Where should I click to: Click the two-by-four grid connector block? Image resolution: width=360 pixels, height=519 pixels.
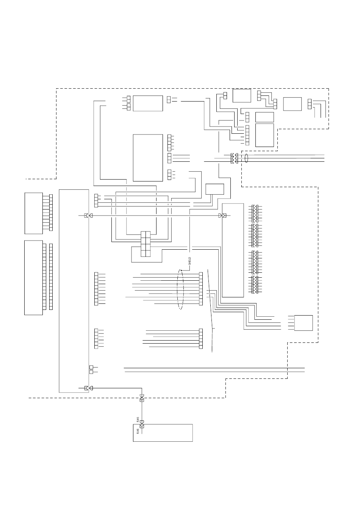point(146,244)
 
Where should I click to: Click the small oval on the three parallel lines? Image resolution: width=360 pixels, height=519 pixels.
point(247,158)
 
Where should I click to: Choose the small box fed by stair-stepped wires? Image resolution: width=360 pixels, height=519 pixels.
point(304,322)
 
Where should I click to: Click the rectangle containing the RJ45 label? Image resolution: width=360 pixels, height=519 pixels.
point(163,433)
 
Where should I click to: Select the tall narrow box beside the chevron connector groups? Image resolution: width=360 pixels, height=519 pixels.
point(233,250)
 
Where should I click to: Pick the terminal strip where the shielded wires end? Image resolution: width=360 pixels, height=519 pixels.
point(200,289)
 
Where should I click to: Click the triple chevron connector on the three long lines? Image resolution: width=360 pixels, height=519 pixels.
point(235,158)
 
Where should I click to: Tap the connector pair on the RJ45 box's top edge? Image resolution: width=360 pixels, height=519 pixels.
point(142,427)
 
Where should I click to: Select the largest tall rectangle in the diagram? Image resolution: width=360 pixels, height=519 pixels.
point(74,291)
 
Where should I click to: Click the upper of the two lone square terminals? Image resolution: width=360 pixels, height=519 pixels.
point(91,367)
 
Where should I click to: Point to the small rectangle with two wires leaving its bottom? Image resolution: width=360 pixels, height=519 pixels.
point(214,189)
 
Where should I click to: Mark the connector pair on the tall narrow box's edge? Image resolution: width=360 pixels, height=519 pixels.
point(222,216)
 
